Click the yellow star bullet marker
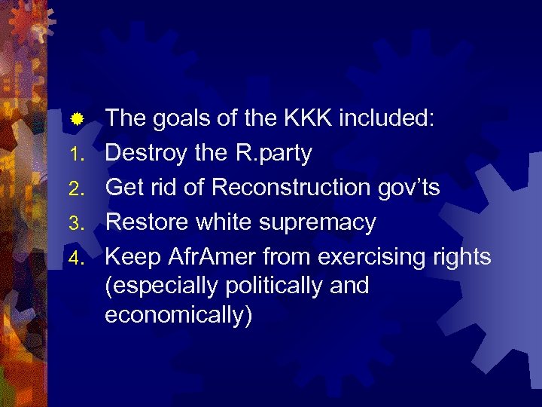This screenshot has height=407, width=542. coord(76,119)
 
